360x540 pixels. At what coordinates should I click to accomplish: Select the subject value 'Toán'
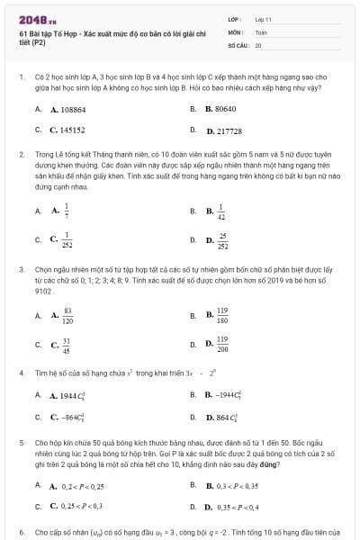pos(261,31)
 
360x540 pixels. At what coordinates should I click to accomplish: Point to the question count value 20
pos(258,44)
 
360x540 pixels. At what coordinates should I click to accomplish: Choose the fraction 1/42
pos(221,211)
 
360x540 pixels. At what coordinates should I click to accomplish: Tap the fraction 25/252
pos(222,240)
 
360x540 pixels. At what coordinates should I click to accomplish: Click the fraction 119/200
pos(222,345)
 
